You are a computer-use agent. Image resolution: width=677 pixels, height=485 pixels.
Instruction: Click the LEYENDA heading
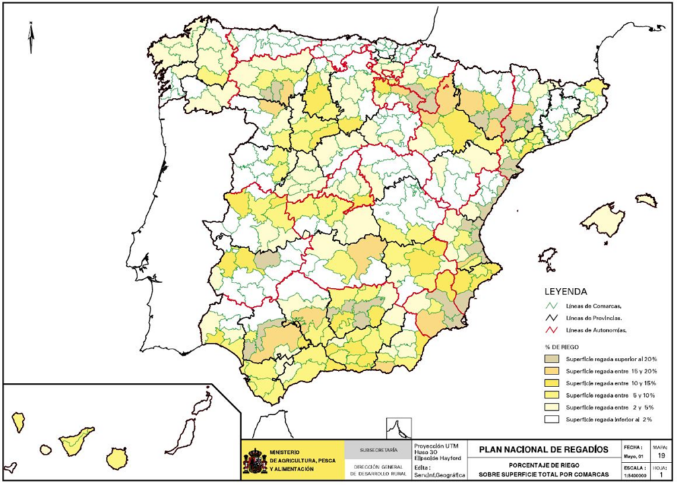pos(565,290)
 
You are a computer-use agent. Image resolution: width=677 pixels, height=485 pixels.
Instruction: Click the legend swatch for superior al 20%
pos(551,359)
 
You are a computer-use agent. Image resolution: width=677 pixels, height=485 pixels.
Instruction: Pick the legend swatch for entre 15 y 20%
pos(551,371)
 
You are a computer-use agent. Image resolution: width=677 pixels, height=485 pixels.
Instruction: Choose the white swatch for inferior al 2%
pos(551,419)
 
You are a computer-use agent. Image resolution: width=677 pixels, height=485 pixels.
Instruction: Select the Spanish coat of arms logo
pos(255,460)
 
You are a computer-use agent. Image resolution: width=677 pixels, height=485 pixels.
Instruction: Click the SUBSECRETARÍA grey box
pos(379,450)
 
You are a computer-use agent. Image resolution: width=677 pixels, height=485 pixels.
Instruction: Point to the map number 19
pos(661,456)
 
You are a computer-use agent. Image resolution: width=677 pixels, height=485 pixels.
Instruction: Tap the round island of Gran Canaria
pos(118,458)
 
